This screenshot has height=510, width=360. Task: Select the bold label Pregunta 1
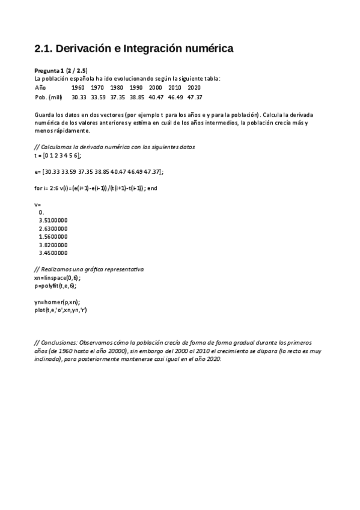coord(50,71)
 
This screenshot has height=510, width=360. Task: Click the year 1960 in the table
coord(78,87)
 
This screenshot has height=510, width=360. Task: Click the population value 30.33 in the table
coord(78,96)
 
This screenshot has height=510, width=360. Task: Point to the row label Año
coord(40,87)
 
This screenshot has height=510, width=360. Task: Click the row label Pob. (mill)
coord(48,96)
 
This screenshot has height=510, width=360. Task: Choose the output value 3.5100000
coord(53,221)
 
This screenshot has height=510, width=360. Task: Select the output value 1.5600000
coord(53,237)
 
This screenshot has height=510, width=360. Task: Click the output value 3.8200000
coord(53,245)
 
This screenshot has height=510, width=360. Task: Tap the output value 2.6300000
coord(53,229)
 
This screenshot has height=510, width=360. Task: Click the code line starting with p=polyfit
coord(55,286)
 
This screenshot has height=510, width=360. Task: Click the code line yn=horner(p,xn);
coord(57,302)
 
